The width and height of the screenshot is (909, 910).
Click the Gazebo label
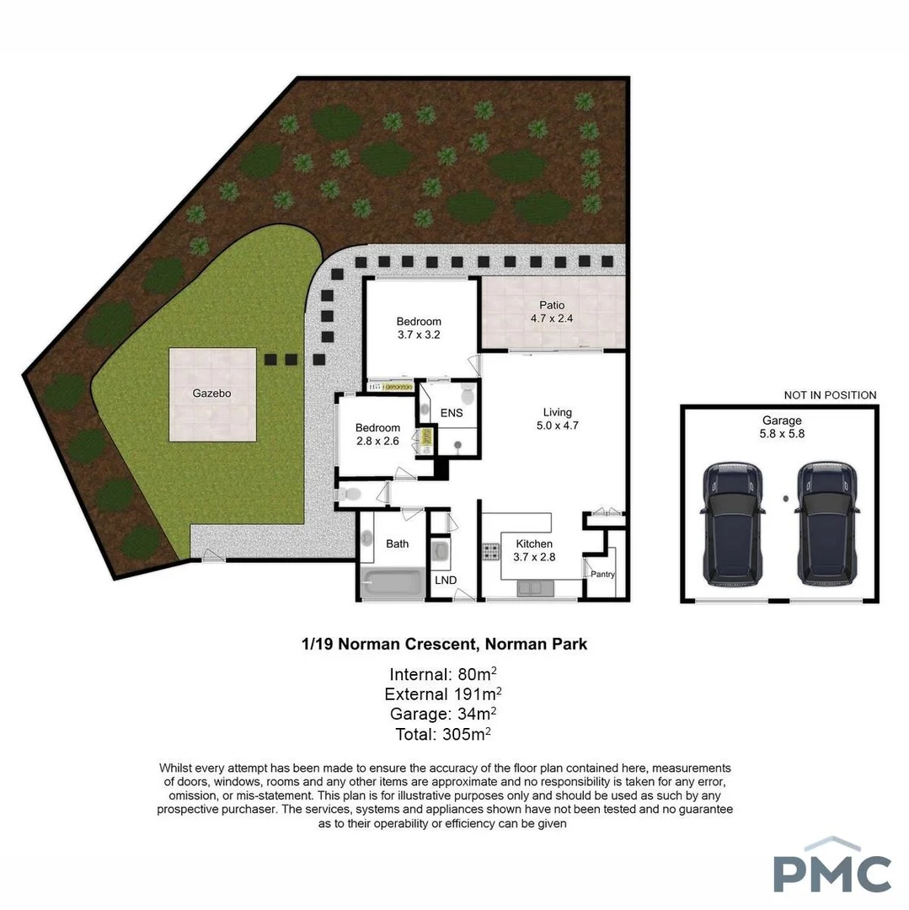click(211, 393)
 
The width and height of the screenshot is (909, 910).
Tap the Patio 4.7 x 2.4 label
click(553, 312)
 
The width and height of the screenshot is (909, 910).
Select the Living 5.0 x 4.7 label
click(557, 419)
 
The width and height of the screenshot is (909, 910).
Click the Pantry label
click(603, 575)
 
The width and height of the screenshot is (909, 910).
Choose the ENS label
click(452, 413)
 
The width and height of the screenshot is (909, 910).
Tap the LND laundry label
click(445, 581)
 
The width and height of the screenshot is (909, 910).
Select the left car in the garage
click(734, 523)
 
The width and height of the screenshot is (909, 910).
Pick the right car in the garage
click(828, 523)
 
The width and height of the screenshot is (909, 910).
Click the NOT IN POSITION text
click(830, 395)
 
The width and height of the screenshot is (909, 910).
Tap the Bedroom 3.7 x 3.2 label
click(419, 328)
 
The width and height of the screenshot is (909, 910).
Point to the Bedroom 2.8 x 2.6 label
click(377, 434)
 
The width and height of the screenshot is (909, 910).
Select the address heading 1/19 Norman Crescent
click(445, 645)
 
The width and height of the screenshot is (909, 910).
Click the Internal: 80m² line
click(445, 674)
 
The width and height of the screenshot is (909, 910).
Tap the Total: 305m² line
click(443, 734)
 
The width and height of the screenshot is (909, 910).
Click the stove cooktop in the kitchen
click(491, 554)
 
